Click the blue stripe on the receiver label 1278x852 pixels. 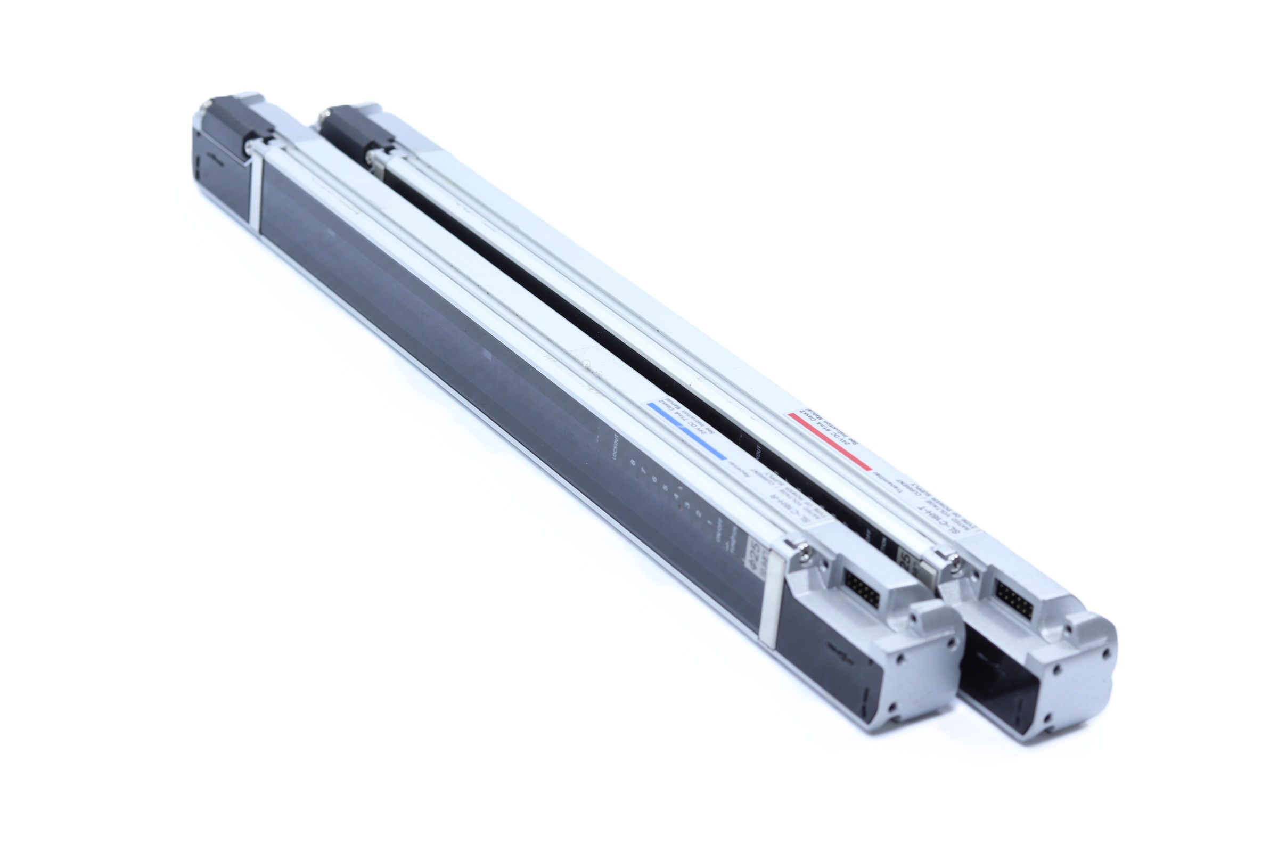pos(686,431)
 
